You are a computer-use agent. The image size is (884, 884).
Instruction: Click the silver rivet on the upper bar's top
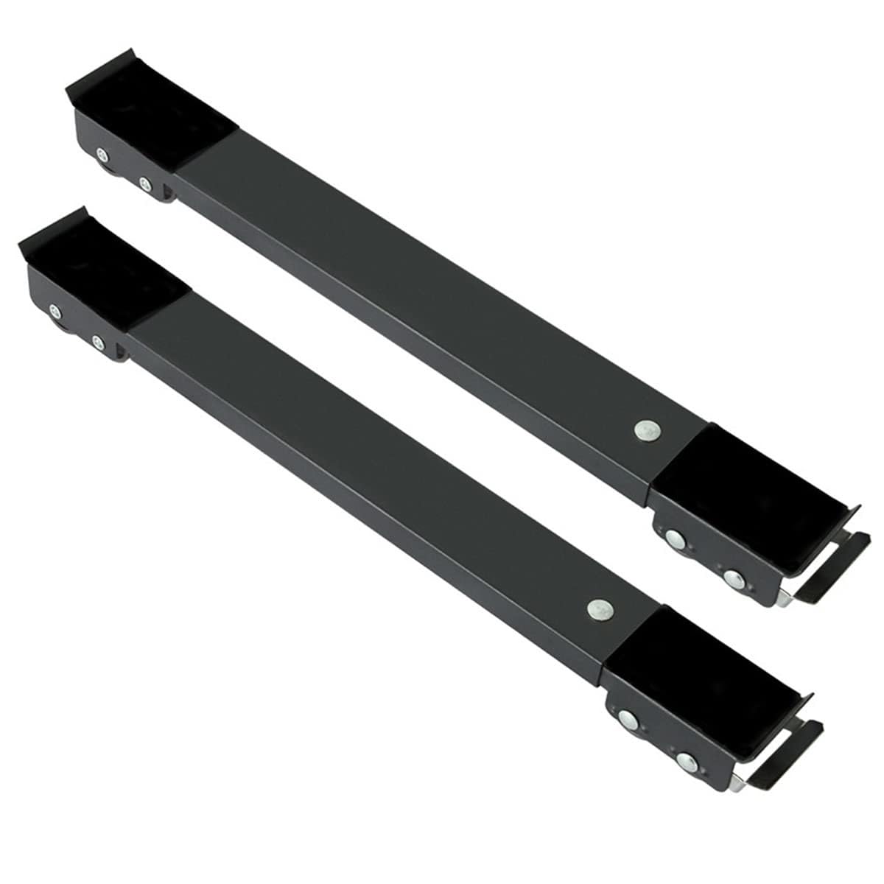pyautogui.click(x=645, y=429)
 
